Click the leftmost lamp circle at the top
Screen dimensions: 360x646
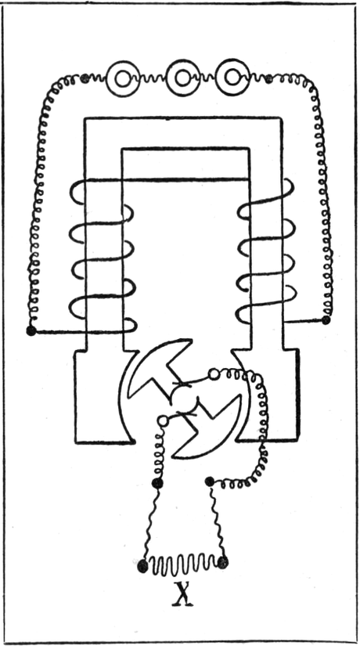[x=122, y=78]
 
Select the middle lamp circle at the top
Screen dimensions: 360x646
[x=182, y=77]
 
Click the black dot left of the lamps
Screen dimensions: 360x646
[x=85, y=78]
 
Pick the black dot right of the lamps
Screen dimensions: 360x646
[x=269, y=78]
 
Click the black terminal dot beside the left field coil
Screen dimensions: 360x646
[x=31, y=330]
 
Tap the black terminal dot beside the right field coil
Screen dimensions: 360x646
[x=326, y=319]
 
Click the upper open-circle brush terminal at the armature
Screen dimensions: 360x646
[x=214, y=374]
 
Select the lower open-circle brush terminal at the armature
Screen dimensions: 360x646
[x=163, y=420]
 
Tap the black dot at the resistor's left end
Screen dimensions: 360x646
[x=142, y=565]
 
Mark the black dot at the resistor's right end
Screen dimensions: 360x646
[x=222, y=562]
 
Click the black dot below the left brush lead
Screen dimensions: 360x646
[x=157, y=483]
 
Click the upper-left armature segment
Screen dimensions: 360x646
[x=154, y=366]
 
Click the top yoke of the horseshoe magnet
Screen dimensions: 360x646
[x=183, y=132]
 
